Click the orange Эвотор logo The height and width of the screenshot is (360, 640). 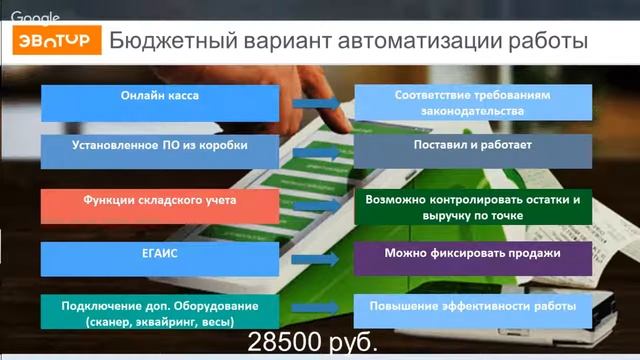pos(56,43)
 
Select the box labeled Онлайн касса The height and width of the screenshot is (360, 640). pos(160,103)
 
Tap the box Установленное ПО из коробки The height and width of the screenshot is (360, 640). pos(160,152)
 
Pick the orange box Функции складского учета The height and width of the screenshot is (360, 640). pos(160,206)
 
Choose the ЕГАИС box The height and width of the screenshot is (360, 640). pos(160,259)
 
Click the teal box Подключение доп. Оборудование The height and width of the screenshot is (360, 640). pos(160,313)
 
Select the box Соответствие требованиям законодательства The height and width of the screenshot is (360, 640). pos(473,103)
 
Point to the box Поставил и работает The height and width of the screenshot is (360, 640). pos(473,152)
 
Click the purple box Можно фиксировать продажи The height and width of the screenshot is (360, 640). pos(473,259)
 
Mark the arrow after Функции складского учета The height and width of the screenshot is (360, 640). pos(318,206)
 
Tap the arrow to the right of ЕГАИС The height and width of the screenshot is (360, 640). pos(318,259)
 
